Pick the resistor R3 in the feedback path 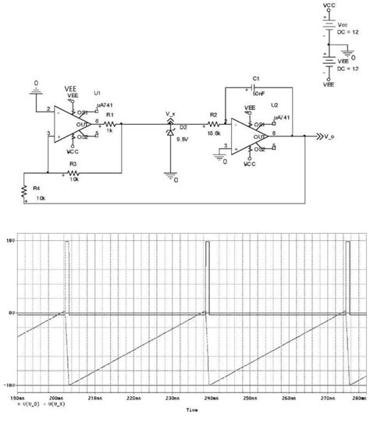(x=73, y=168)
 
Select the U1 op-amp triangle (x=74, y=125)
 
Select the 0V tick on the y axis (x=9, y=314)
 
